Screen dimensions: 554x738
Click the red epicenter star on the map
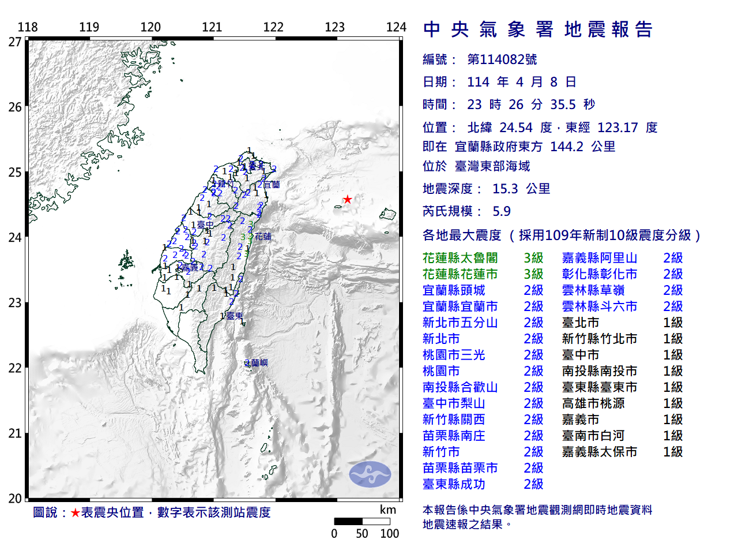tap(347, 200)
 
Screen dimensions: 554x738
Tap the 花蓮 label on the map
tap(263, 237)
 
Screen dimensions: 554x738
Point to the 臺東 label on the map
tap(235, 316)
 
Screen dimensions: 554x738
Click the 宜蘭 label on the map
tap(272, 185)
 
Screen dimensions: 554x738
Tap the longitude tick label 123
tap(334, 27)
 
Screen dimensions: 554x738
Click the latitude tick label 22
tap(15, 368)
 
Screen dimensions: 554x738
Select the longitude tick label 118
tap(28, 27)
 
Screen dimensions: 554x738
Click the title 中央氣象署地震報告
tap(537, 29)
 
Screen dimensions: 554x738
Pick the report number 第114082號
tap(502, 59)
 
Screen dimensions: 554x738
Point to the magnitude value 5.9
tap(502, 211)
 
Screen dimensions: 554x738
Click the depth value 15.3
tap(505, 189)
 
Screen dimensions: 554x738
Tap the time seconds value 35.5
tap(563, 104)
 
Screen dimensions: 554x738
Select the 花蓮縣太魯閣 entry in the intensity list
tap(460, 258)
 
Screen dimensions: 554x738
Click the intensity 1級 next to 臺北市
tap(673, 323)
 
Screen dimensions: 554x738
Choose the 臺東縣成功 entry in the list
tap(454, 484)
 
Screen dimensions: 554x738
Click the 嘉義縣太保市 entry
tap(600, 452)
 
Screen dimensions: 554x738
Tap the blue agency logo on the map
tap(370, 474)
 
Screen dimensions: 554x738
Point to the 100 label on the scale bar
tap(389, 534)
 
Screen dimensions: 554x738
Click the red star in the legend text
tap(75, 512)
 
